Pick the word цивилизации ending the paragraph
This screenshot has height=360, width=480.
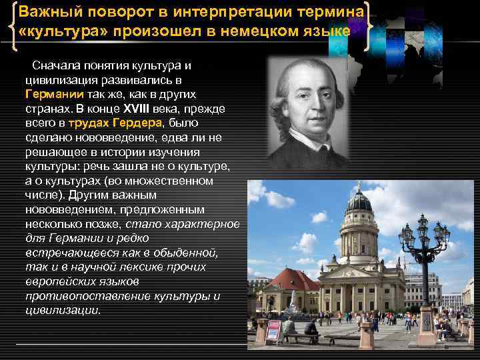[62, 311]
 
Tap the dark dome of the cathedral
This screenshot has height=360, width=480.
[359, 201]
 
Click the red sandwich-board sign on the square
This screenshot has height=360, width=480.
[274, 332]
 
